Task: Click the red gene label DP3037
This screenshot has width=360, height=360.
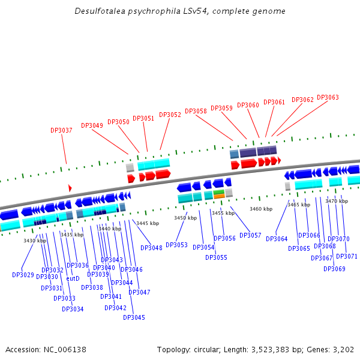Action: tap(61, 130)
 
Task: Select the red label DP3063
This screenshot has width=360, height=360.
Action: tap(328, 97)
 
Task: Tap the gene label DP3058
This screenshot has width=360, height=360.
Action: tap(196, 111)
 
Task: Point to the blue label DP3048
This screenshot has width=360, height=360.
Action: tap(151, 248)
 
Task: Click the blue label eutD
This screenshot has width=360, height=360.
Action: tap(73, 278)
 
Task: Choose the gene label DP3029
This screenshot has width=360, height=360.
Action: tap(23, 275)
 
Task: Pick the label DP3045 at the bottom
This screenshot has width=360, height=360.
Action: tap(134, 317)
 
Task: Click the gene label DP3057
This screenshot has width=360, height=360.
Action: tap(250, 235)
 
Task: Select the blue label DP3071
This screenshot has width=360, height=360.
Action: tap(347, 256)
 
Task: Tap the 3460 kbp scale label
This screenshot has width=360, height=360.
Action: tap(261, 209)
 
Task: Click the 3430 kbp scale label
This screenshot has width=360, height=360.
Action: tap(35, 241)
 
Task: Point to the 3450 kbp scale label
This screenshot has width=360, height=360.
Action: tap(185, 218)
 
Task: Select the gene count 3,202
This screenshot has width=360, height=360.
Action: tap(342, 349)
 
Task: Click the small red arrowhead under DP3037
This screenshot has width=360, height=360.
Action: tap(70, 188)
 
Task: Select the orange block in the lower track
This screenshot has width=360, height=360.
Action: tap(219, 196)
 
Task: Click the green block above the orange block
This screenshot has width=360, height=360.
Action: tap(219, 191)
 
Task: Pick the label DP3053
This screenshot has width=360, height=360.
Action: tap(176, 245)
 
